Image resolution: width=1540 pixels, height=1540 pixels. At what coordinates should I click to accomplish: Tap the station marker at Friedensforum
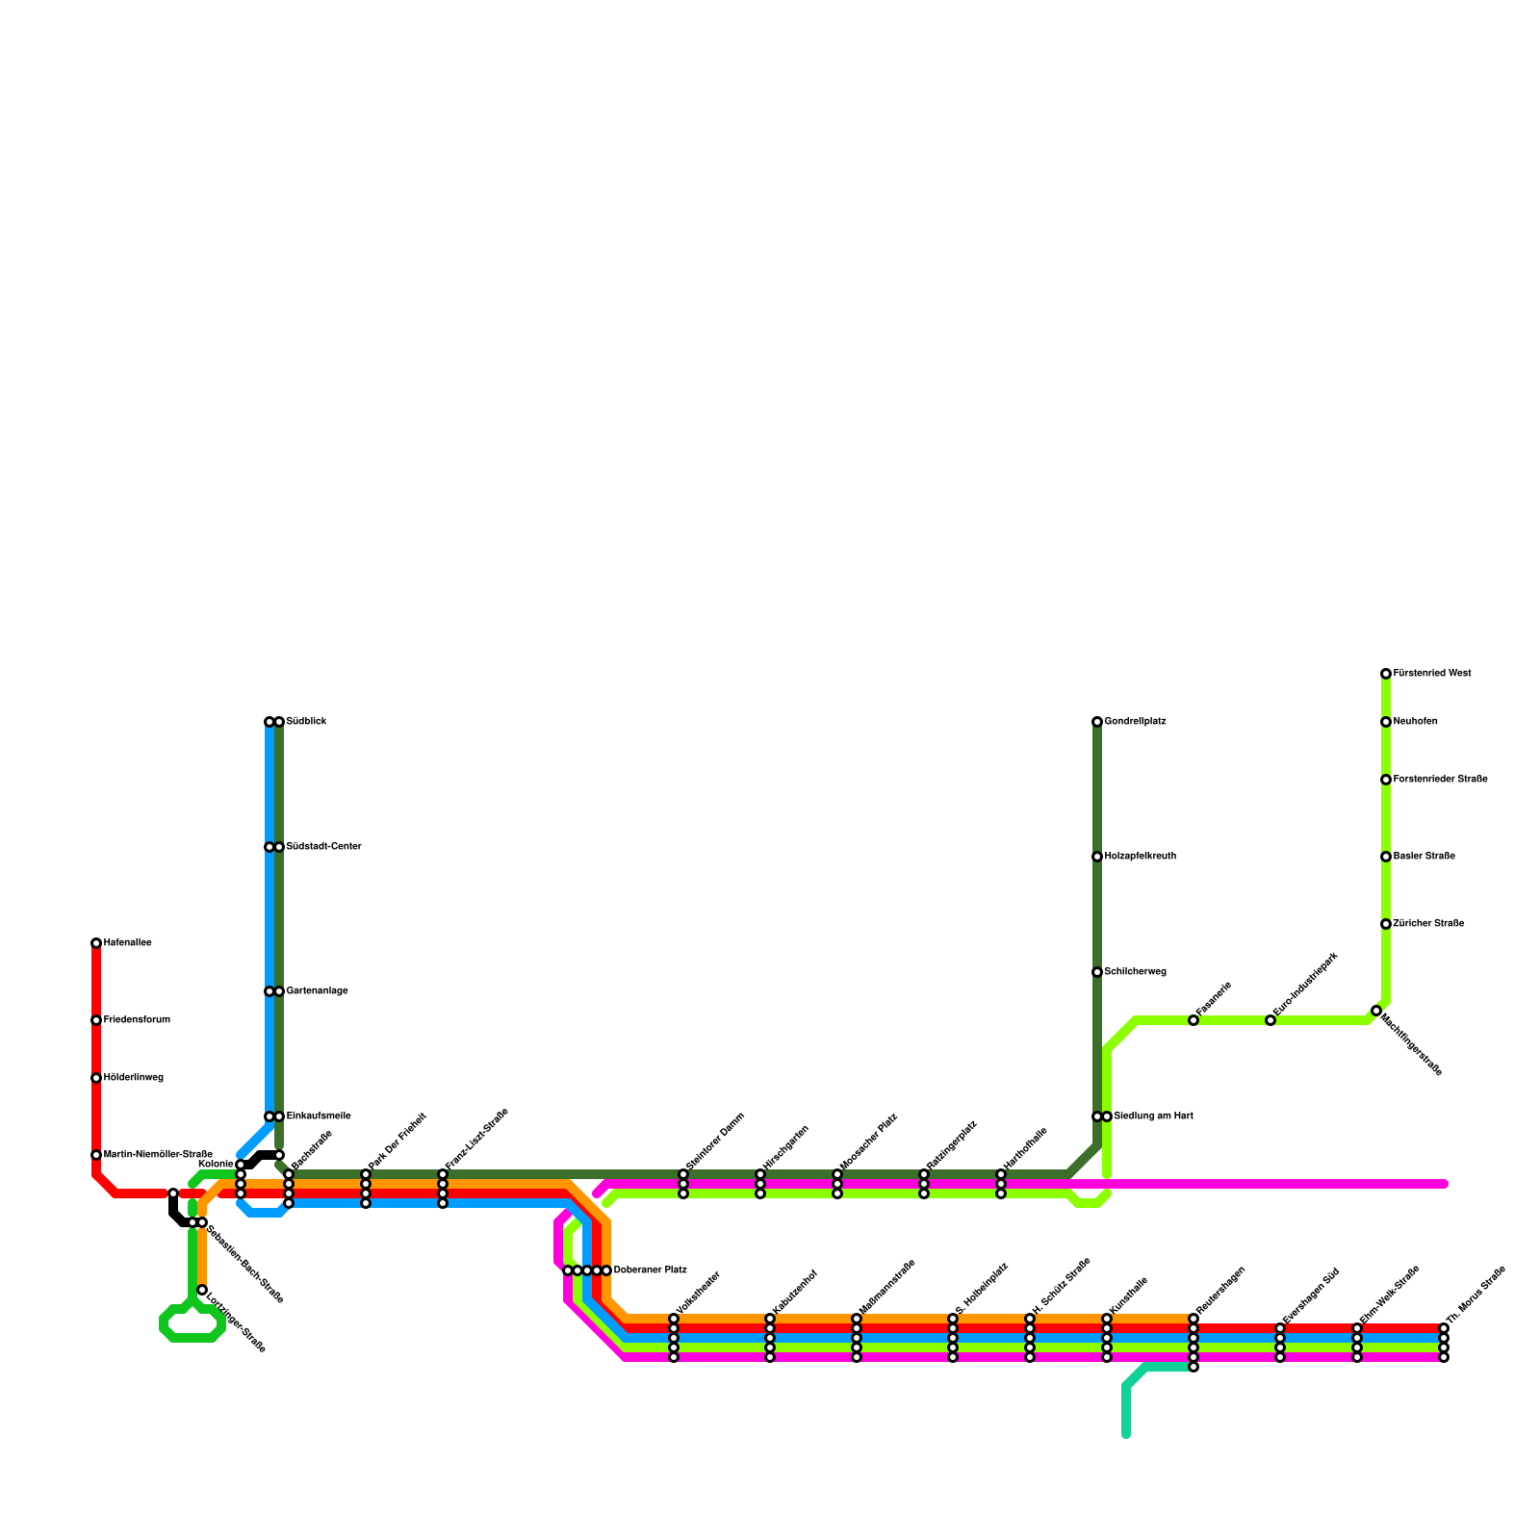click(x=96, y=1020)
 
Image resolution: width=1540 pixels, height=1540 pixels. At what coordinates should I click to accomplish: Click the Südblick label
click(x=306, y=722)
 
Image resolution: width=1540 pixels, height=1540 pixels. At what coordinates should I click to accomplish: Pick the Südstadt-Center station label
click(x=323, y=847)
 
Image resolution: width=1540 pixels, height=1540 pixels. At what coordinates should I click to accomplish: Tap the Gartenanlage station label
click(x=317, y=991)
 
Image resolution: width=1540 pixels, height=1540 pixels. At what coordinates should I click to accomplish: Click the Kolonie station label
click(x=215, y=1165)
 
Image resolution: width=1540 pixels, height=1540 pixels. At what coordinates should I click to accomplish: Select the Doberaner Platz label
click(x=650, y=1270)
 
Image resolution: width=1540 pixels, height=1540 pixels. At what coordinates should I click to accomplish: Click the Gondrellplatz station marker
click(x=1097, y=722)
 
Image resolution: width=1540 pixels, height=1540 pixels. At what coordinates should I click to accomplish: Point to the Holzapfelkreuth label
click(x=1140, y=857)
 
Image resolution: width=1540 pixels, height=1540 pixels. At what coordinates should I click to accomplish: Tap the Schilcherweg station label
click(x=1135, y=972)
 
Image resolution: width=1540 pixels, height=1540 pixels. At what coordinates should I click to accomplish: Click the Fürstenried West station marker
click(x=1386, y=674)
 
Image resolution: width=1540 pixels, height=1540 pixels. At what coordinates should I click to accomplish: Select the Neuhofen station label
click(x=1415, y=722)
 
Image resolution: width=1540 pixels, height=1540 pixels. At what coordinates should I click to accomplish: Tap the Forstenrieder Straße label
click(x=1440, y=780)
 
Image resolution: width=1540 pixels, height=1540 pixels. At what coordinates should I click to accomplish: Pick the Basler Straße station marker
click(x=1386, y=857)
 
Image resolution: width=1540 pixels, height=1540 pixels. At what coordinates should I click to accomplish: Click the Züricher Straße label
click(x=1428, y=924)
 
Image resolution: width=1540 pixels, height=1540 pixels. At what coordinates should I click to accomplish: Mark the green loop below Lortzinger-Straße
click(x=192, y=1324)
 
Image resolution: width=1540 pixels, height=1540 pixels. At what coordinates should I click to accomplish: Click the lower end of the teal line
click(x=1126, y=1435)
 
